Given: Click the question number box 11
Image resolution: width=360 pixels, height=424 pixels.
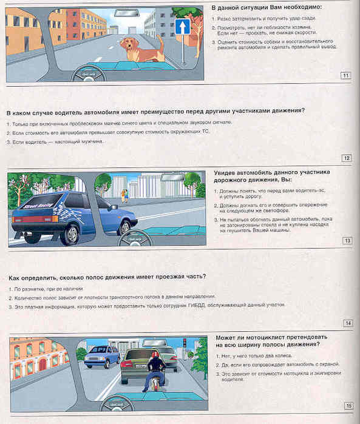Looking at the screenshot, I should point(346,75).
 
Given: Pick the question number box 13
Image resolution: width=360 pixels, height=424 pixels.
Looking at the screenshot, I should point(347,241).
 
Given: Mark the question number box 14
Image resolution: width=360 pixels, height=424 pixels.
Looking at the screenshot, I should point(348,323).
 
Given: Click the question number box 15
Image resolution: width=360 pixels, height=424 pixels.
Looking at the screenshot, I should point(348,405).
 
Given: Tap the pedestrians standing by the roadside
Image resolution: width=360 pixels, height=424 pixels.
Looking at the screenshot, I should point(125,194).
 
